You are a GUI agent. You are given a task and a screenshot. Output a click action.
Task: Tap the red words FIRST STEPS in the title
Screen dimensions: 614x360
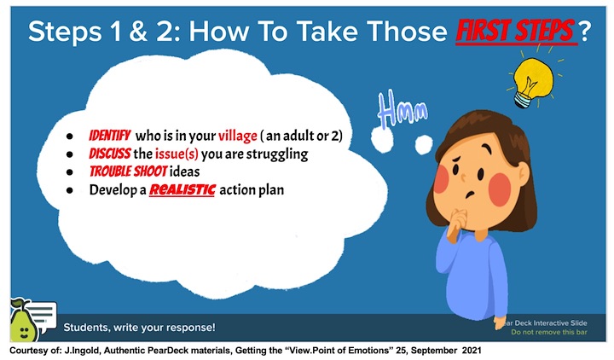point(516,31)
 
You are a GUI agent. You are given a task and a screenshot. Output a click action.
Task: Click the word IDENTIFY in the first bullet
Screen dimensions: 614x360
point(109,136)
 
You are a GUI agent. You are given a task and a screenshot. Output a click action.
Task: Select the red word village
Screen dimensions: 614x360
point(238,136)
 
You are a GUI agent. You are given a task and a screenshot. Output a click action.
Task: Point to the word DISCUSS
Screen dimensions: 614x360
point(110,154)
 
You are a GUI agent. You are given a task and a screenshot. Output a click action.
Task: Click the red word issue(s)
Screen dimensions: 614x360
point(177,154)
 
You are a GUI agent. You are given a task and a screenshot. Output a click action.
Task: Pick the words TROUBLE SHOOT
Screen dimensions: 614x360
point(129,171)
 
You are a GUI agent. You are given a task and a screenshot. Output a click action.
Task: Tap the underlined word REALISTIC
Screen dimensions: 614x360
point(182,189)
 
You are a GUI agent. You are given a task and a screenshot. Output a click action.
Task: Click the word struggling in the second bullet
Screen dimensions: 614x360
point(277,154)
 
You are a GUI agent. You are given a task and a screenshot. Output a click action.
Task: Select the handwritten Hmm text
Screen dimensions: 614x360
point(403,109)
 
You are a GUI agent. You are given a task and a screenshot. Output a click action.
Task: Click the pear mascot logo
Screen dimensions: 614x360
point(24,320)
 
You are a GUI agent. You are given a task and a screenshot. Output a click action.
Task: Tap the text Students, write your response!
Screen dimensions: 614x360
point(139,328)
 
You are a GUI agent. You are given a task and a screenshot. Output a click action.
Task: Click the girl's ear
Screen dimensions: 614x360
point(523,172)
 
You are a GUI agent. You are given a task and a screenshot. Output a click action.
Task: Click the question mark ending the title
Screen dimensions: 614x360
point(584,32)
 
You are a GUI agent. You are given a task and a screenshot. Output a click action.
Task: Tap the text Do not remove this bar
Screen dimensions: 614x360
point(549,332)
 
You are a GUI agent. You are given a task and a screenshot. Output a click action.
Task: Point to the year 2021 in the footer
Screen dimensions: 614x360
point(472,351)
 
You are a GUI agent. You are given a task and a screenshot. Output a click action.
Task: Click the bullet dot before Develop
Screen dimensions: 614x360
point(70,190)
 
